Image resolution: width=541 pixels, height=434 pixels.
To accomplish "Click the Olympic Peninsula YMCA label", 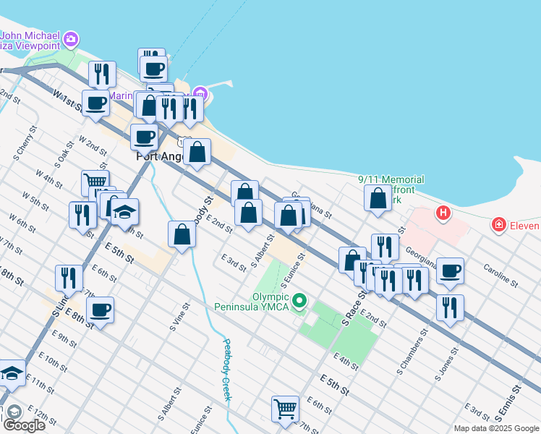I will [252, 302].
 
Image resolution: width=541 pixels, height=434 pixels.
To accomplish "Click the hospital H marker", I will [443, 213].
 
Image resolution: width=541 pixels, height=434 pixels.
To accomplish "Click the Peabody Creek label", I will [226, 370].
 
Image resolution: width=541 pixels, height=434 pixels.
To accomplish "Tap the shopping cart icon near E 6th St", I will [285, 408].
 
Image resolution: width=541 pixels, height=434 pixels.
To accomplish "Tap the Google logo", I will [24, 425].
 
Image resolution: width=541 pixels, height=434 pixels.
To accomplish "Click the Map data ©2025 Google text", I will [496, 428].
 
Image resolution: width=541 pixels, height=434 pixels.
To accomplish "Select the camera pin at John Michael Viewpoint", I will [71, 38].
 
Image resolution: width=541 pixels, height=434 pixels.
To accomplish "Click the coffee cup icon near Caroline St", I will [450, 271].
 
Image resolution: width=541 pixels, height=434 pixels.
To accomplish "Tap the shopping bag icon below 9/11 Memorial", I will [378, 198].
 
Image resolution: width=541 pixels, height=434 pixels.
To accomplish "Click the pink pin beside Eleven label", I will [498, 226].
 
